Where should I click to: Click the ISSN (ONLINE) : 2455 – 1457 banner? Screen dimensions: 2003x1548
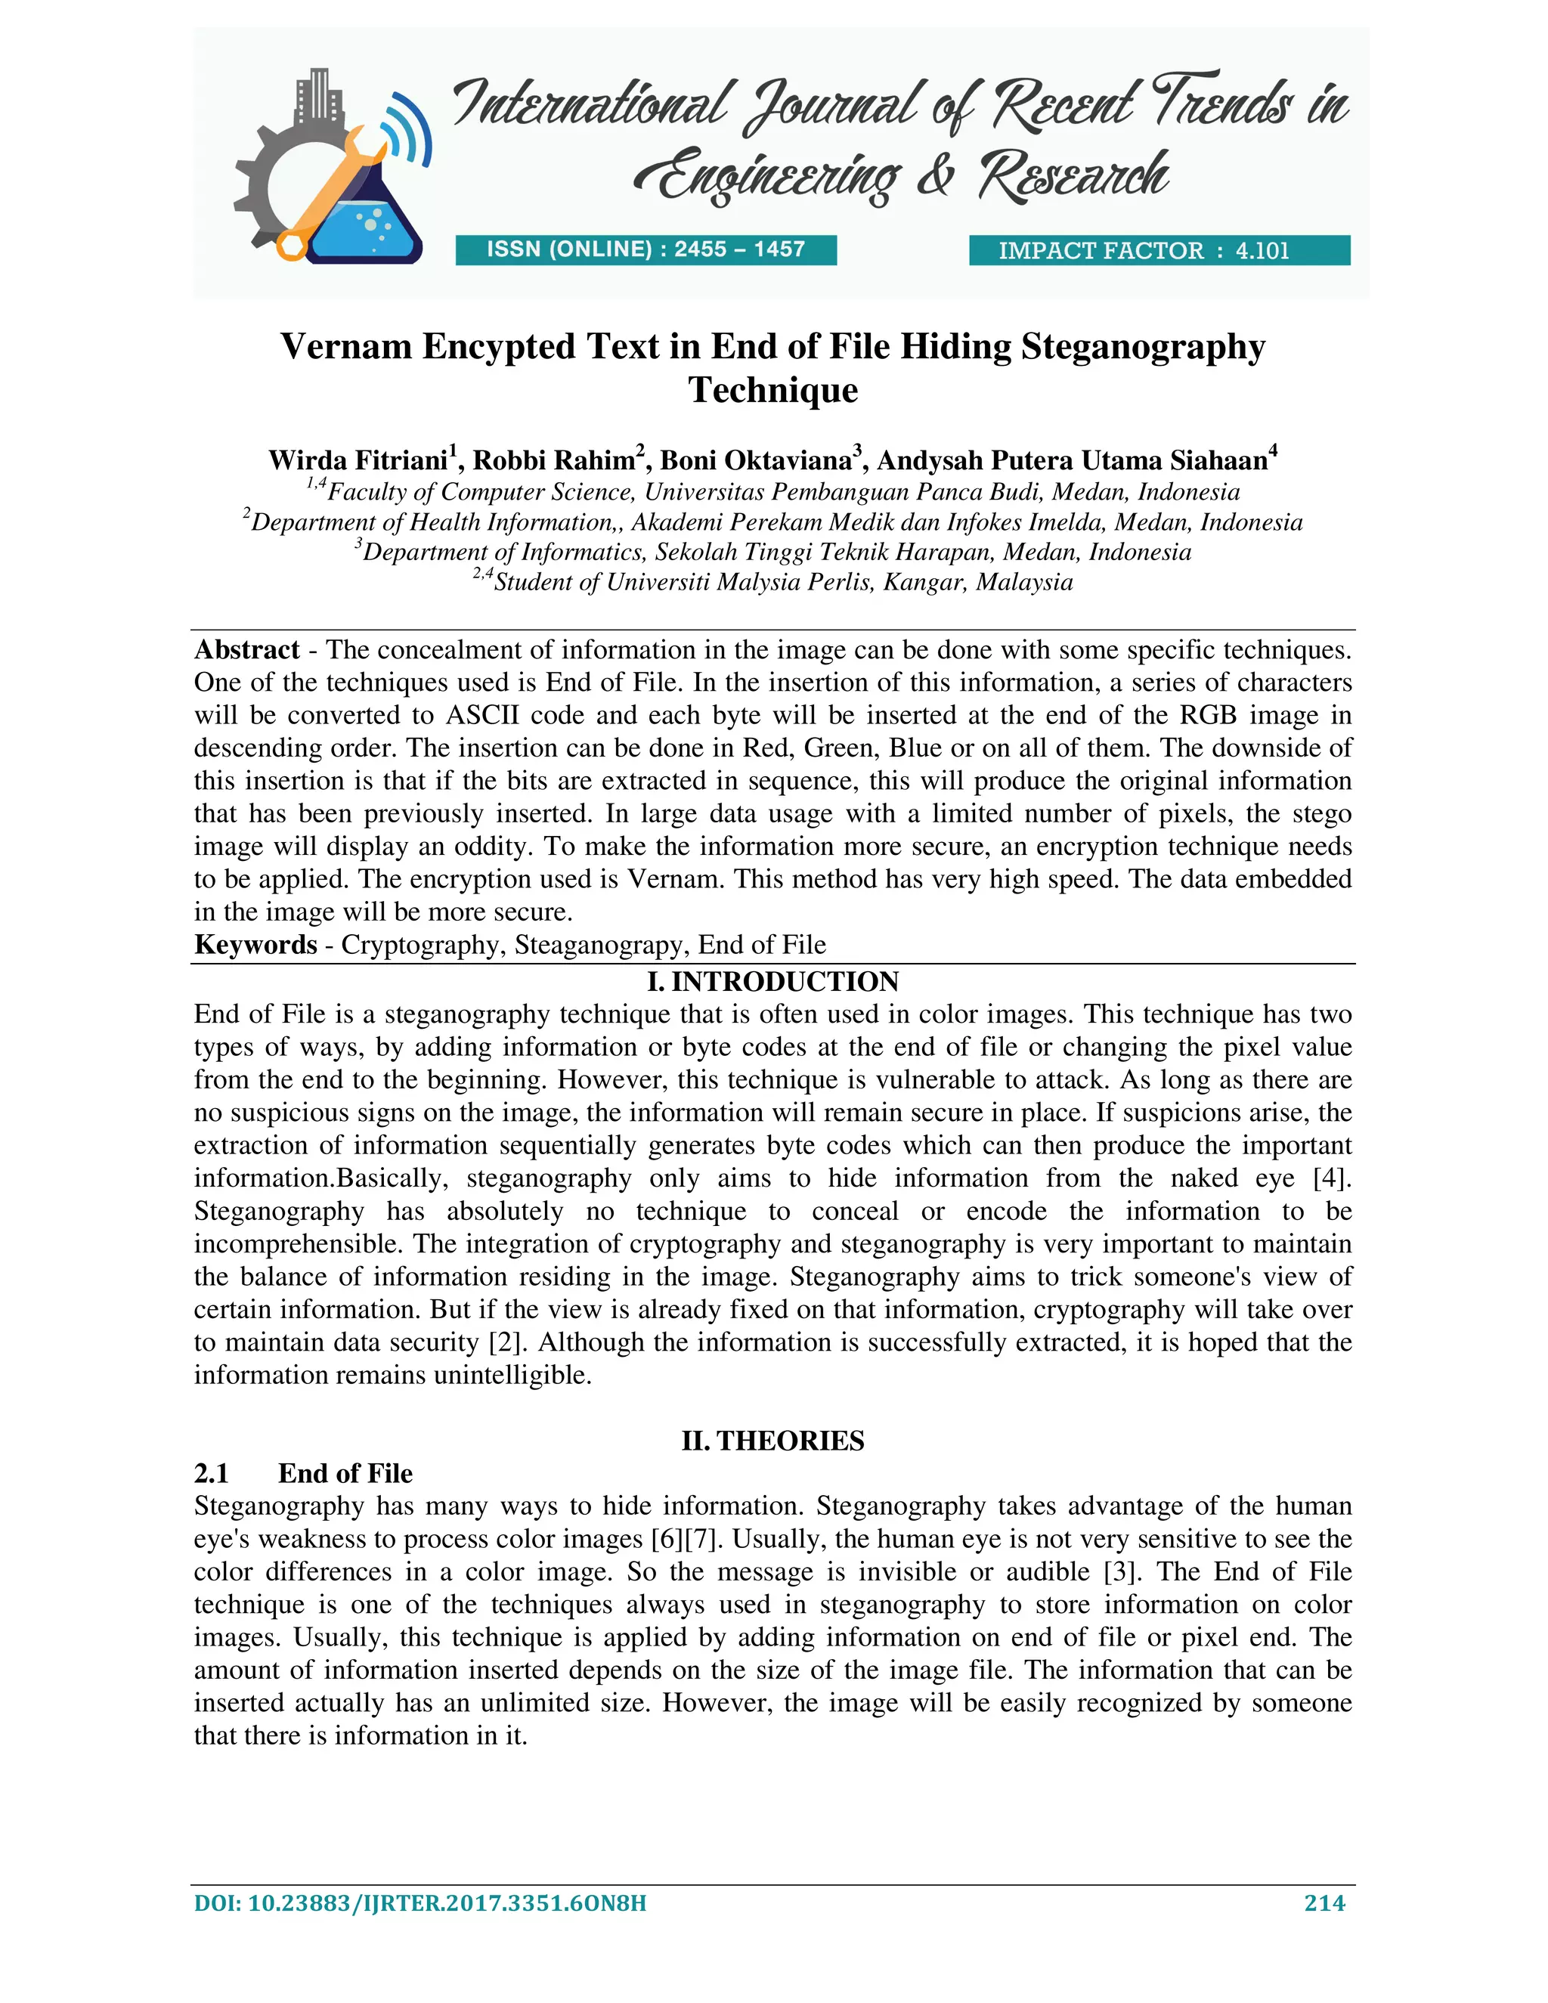[646, 249]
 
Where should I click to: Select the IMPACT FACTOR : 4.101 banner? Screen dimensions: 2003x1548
[1159, 250]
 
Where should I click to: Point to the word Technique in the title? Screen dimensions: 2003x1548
[773, 390]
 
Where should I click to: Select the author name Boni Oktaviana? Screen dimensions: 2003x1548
[757, 460]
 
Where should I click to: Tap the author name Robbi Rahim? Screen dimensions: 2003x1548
[554, 460]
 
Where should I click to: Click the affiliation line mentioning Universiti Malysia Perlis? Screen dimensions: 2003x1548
[773, 581]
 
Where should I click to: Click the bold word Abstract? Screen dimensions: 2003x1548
[246, 649]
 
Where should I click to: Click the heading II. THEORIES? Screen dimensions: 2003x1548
[773, 1441]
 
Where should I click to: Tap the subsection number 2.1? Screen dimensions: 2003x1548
[212, 1474]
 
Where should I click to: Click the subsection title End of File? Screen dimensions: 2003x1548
[345, 1474]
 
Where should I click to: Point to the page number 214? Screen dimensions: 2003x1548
[1324, 1903]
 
